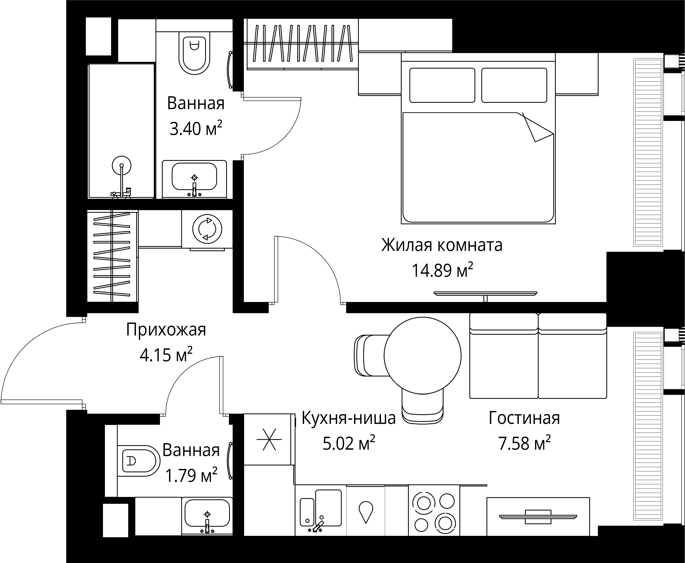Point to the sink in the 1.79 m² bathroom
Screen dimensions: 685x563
pos(207,516)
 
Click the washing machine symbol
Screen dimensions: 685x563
pos(207,229)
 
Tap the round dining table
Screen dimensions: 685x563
pos(423,355)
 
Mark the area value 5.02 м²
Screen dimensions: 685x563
pos(349,443)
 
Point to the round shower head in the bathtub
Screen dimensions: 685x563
pos(122,165)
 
